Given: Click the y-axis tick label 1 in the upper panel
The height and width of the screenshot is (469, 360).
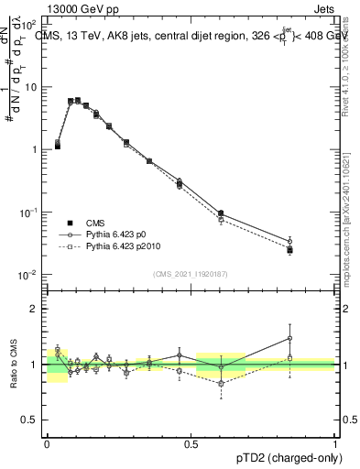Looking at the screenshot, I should [35, 149].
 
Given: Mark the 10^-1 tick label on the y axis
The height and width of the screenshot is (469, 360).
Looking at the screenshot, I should [29, 212].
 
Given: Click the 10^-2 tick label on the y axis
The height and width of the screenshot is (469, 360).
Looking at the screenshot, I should [29, 275].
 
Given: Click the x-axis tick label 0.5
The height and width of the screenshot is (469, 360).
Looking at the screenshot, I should [191, 443].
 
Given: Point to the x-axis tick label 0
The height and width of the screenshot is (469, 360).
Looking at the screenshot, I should [47, 443].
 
